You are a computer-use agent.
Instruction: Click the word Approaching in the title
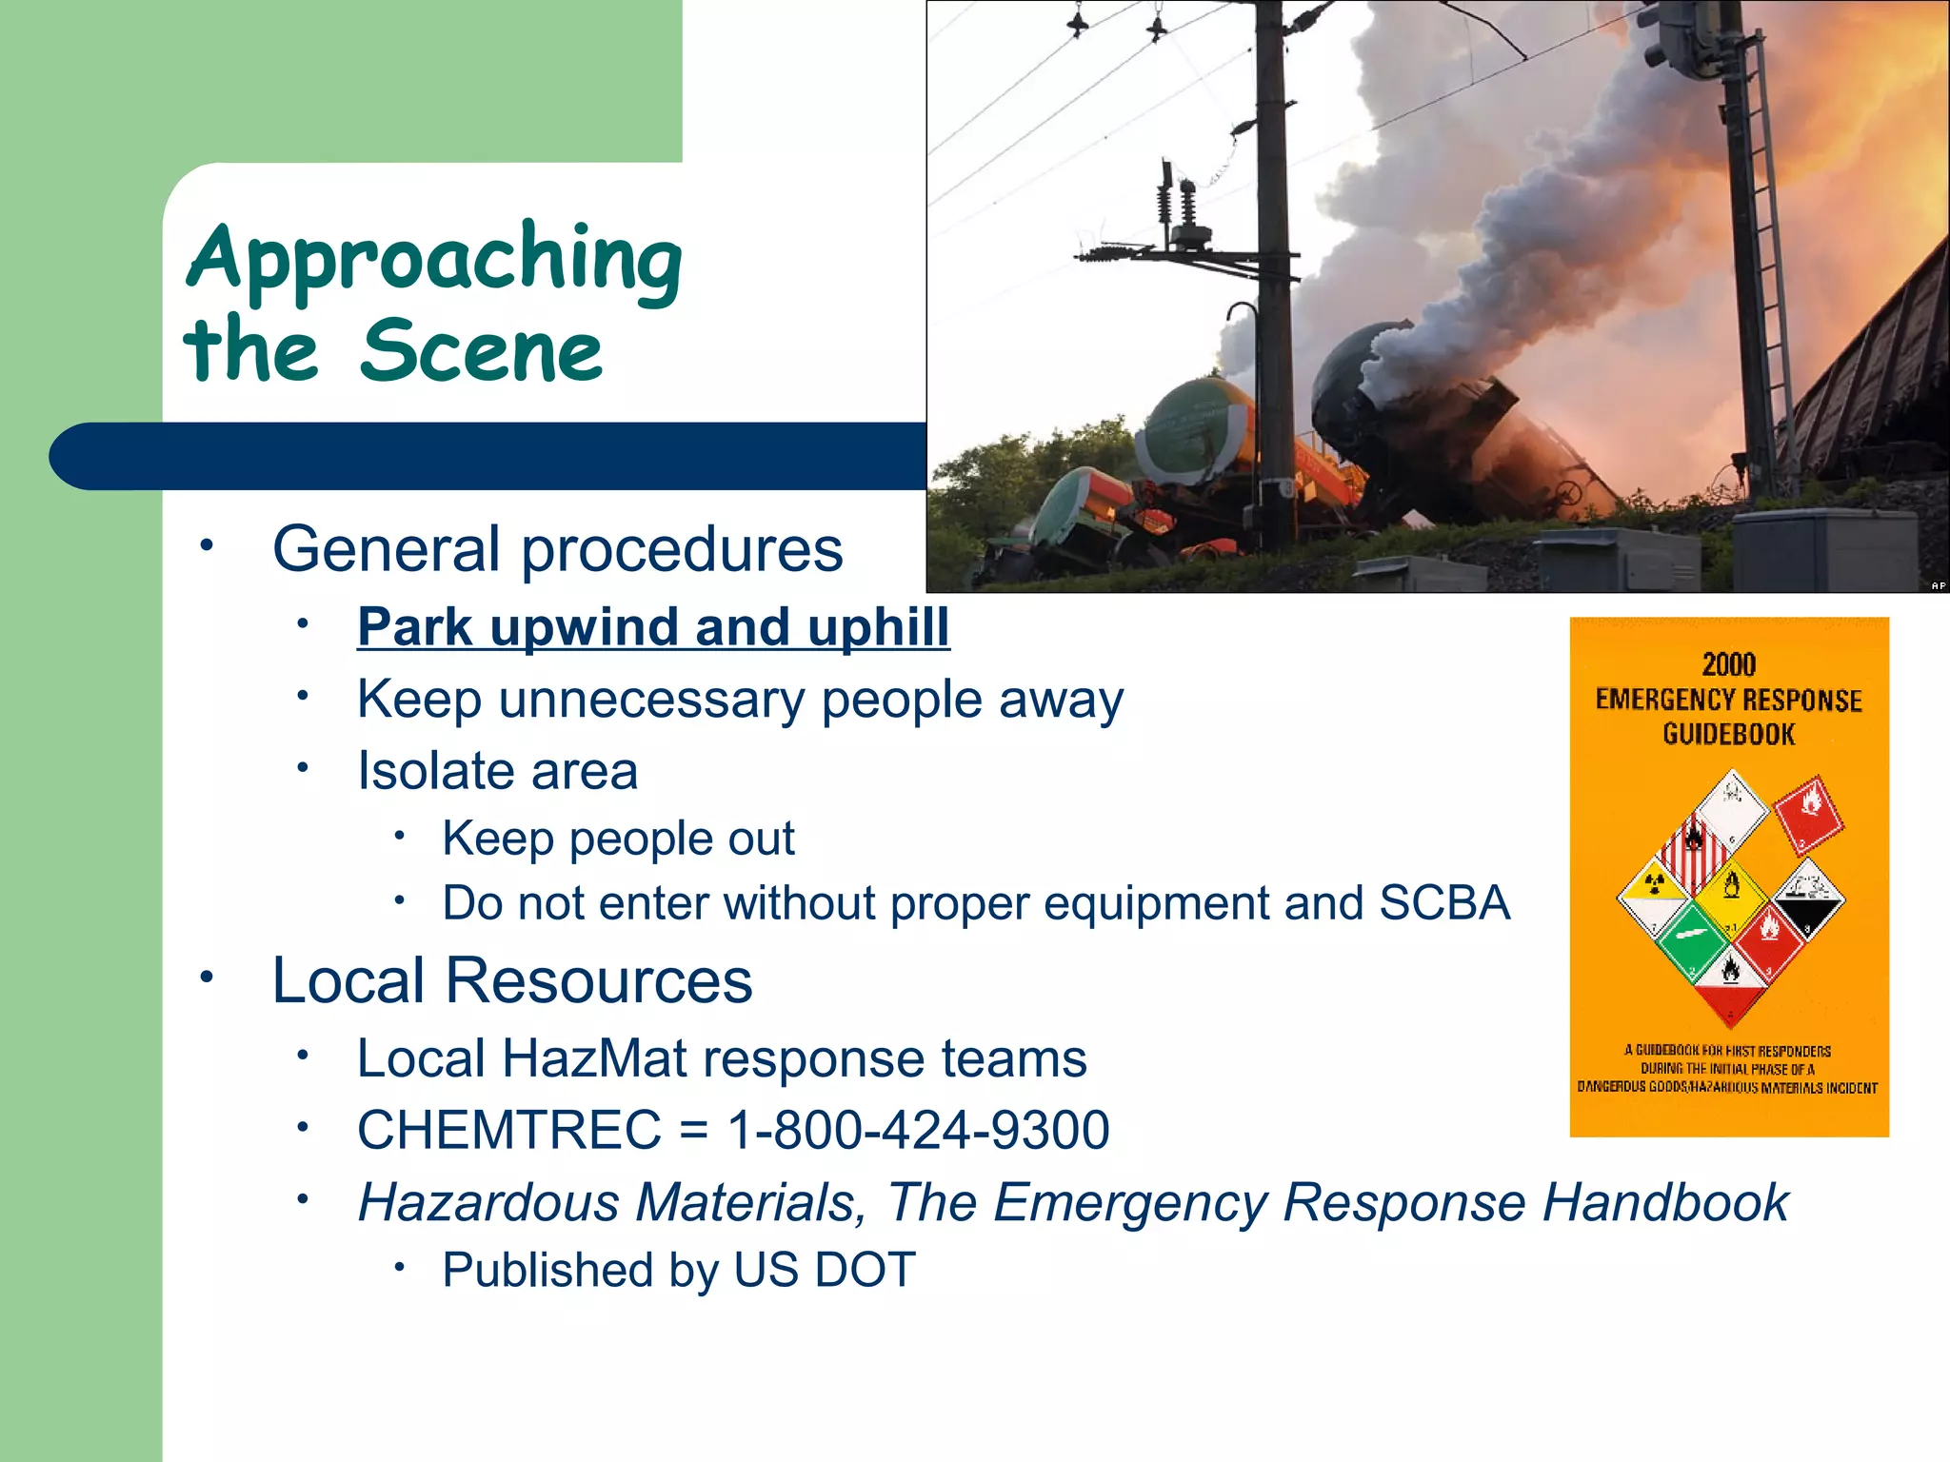click(434, 259)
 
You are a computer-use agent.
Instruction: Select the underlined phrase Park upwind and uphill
click(653, 627)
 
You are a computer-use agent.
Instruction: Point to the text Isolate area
click(497, 771)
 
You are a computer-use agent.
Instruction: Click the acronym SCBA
click(1443, 902)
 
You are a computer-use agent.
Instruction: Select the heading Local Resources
click(512, 980)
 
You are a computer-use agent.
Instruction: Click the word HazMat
click(594, 1058)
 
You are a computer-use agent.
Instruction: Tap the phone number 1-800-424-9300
click(918, 1130)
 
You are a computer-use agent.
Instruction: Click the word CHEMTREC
click(509, 1130)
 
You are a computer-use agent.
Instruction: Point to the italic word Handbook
click(1665, 1202)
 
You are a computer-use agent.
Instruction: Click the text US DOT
click(825, 1270)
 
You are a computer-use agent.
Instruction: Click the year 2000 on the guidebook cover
click(1728, 664)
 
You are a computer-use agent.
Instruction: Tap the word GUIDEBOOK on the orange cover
click(1728, 734)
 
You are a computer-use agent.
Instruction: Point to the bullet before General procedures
click(206, 546)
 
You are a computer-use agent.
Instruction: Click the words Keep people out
click(618, 839)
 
